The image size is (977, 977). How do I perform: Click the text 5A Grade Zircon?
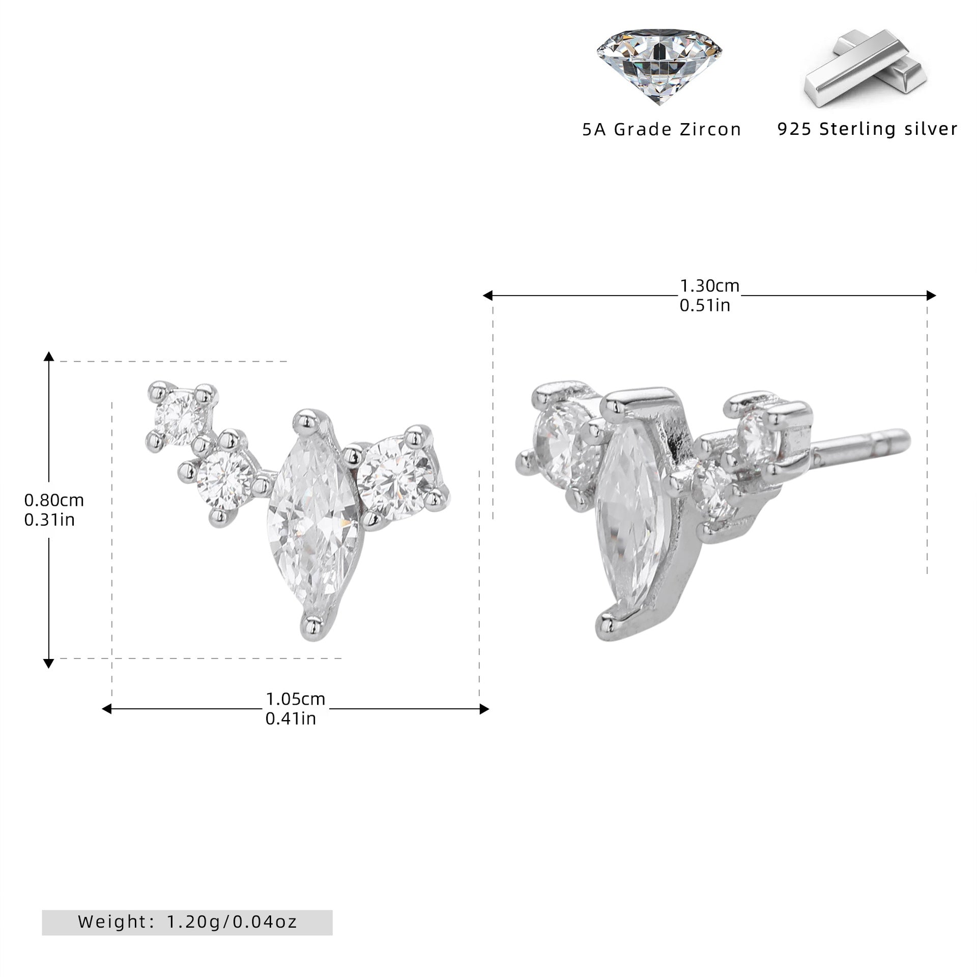tap(662, 130)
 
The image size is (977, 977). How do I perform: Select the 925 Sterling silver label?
tap(868, 129)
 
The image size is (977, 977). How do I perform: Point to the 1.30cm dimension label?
tap(710, 286)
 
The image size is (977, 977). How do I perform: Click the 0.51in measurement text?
tap(705, 305)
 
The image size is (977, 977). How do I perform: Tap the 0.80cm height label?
tap(54, 500)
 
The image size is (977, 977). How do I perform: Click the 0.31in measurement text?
tap(50, 520)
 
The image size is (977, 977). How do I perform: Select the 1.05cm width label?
tap(296, 699)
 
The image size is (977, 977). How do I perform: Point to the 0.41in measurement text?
tap(291, 719)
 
